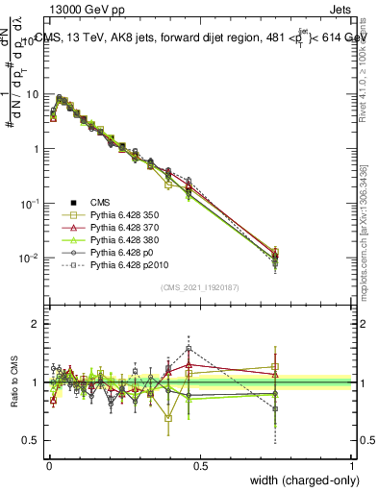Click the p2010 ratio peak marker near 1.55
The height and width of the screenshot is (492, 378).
(189, 349)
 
